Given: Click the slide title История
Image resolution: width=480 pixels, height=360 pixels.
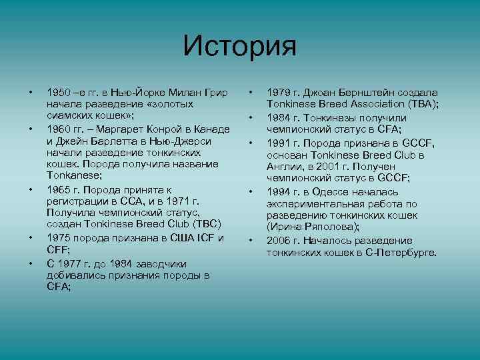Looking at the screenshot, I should pyautogui.click(x=239, y=46).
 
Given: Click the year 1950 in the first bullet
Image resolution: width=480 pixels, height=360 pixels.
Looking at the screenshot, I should pyautogui.click(x=58, y=92).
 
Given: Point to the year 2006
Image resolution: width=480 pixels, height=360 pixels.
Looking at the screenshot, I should pyautogui.click(x=279, y=240).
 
